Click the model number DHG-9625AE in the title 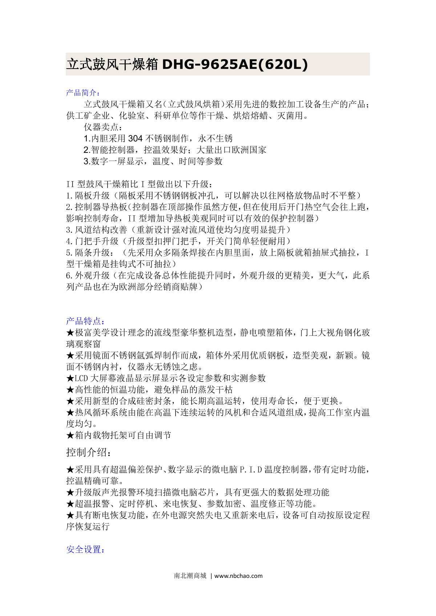click(211, 65)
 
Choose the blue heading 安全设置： click(85, 550)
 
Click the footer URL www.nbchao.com click(238, 576)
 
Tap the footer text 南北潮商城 click(190, 576)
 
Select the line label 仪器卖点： click(103, 127)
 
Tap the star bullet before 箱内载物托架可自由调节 click(70, 435)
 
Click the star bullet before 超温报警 click(70, 504)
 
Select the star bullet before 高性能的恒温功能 click(70, 390)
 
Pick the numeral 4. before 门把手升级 click(70, 241)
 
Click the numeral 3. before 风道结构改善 click(70, 230)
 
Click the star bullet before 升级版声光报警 click(70, 493)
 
